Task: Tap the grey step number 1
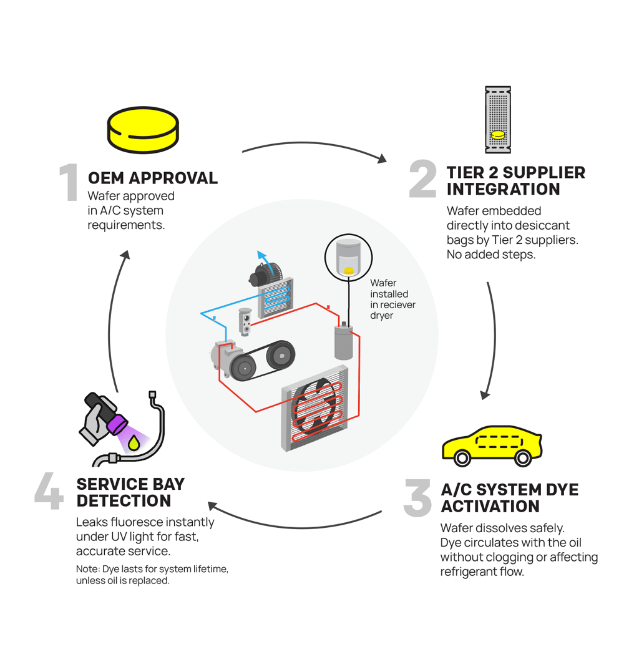(69, 183)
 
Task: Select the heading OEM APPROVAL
(153, 178)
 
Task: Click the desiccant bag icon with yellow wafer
(498, 120)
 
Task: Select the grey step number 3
(417, 498)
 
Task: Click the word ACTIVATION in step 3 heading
(490, 506)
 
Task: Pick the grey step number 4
(49, 493)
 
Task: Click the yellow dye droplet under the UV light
(134, 444)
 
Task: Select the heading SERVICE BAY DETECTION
(130, 492)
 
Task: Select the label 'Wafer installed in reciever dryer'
(392, 299)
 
